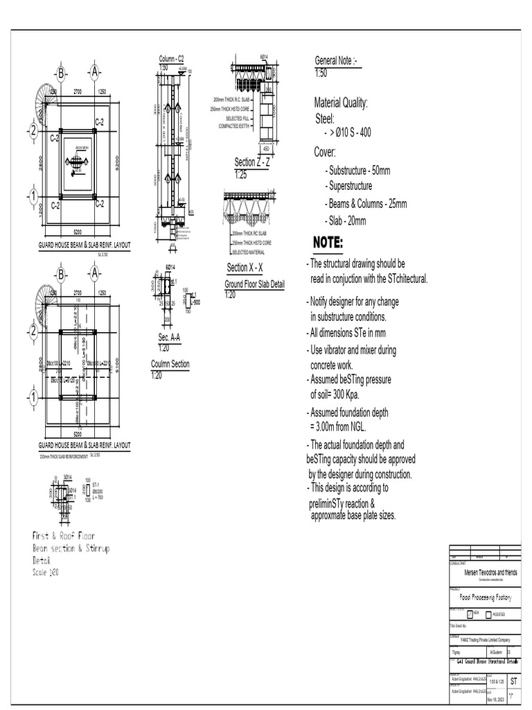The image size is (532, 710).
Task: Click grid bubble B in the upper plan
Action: (61, 73)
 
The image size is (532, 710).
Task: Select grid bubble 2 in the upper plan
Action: (32, 131)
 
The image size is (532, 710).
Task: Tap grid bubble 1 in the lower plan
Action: (32, 397)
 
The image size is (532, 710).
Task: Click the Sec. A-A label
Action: (169, 337)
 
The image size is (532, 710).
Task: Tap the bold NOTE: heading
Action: (328, 243)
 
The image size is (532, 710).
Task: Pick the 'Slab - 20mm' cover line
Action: (345, 221)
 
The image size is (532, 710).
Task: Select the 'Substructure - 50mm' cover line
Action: (357, 171)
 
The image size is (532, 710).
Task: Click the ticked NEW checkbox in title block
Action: (470, 614)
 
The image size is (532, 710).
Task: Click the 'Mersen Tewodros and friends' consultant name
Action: (490, 573)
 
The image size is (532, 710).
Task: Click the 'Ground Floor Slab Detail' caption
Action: (254, 285)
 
